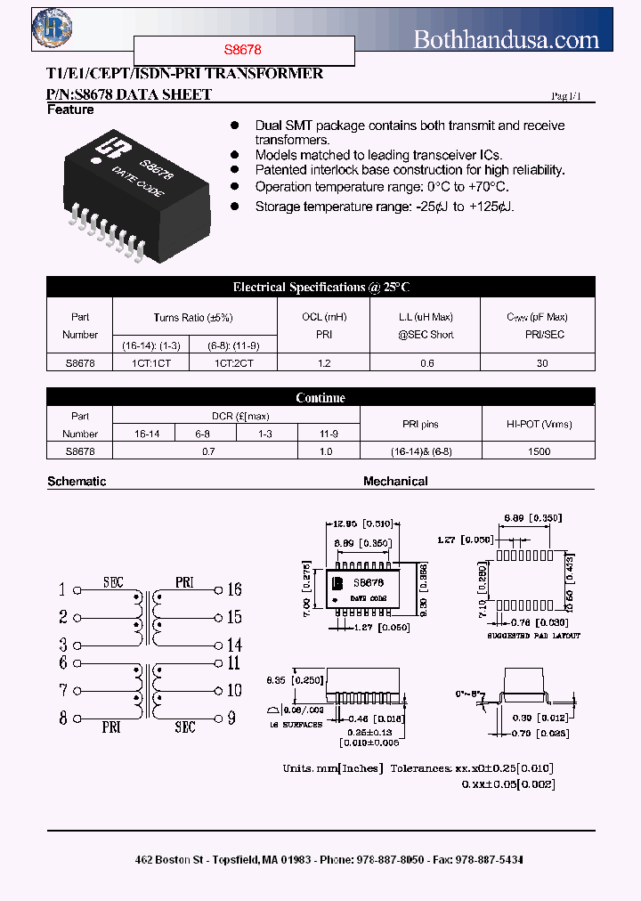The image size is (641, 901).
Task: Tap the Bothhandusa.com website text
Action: (507, 38)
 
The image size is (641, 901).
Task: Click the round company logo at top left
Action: (51, 28)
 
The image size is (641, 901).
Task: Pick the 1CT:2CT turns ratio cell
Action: (234, 363)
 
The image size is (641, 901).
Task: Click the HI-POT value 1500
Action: (539, 451)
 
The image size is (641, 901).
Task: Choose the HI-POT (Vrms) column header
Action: (539, 425)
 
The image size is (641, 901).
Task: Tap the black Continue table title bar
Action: (320, 397)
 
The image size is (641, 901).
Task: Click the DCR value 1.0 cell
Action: (326, 451)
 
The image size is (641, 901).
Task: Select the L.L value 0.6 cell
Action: (426, 363)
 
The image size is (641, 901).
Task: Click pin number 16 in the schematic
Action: (235, 589)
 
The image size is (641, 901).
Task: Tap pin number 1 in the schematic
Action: (62, 589)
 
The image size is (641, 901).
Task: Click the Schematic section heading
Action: (77, 482)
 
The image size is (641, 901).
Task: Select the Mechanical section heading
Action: (395, 482)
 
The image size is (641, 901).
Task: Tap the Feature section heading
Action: (70, 110)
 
